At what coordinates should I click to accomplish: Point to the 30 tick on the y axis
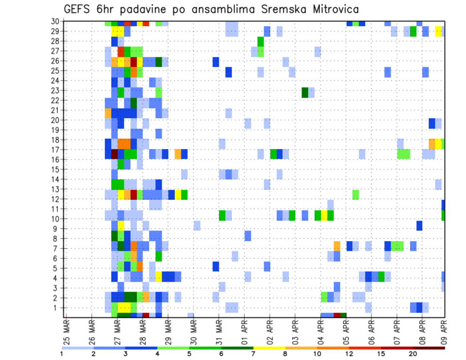tap(56, 21)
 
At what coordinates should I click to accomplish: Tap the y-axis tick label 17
tap(56, 149)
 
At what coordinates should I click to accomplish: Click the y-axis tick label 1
tap(59, 307)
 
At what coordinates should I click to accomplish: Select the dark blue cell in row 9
tap(419, 226)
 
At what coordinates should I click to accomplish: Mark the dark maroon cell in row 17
tap(115, 154)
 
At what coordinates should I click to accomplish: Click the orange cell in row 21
tap(108, 113)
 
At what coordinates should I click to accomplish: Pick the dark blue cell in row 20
tap(432, 123)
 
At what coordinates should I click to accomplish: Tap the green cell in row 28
tap(261, 41)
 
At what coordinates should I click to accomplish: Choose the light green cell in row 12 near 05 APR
tap(355, 195)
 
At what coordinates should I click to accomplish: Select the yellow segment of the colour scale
tap(269, 348)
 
